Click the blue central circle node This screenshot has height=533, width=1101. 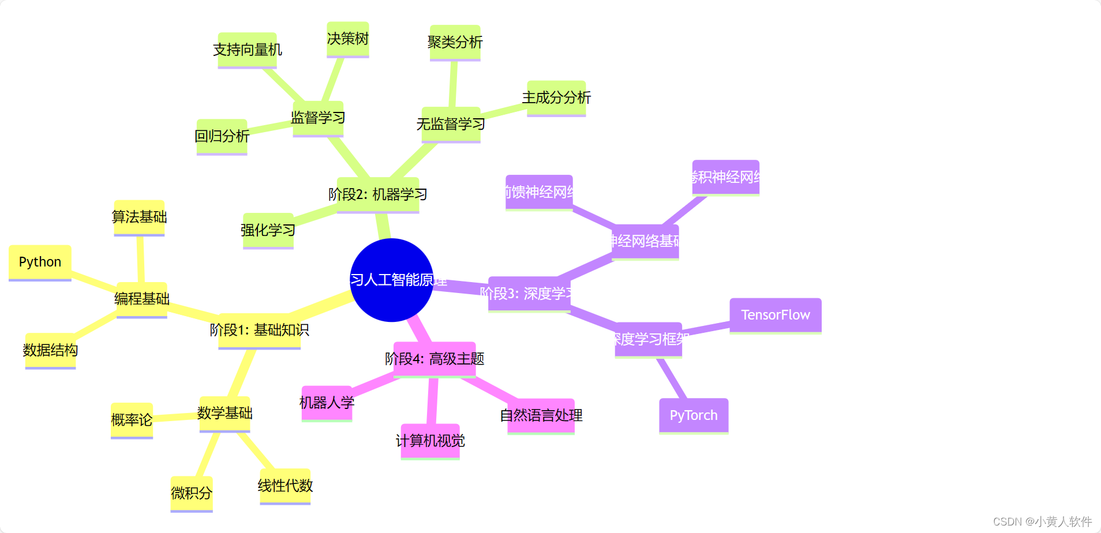pos(391,280)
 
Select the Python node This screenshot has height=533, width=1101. pos(40,262)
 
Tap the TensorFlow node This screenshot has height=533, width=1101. pos(775,315)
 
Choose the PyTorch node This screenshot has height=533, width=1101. pos(694,415)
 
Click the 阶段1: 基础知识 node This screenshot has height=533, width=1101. pos(259,330)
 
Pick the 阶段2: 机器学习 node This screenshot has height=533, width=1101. pos(378,194)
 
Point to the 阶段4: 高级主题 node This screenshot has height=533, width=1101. pos(435,359)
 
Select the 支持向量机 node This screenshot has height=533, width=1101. pos(247,50)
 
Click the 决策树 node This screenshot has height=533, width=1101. pos(347,39)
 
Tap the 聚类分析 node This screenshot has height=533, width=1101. pos(455,42)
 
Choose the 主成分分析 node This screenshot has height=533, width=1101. pos(556,97)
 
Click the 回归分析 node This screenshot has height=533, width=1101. pos(222,136)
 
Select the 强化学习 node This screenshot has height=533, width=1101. pos(268,230)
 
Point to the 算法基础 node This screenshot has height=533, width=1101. pos(139,217)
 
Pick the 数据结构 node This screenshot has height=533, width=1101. pos(50,350)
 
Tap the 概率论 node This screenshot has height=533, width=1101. pos(132,420)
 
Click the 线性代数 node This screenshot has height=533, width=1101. pos(285,486)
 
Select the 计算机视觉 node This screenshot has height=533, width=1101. pos(430,441)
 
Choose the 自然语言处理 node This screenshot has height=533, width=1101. pos(541,415)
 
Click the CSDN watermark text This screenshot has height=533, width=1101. pos(1042,521)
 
